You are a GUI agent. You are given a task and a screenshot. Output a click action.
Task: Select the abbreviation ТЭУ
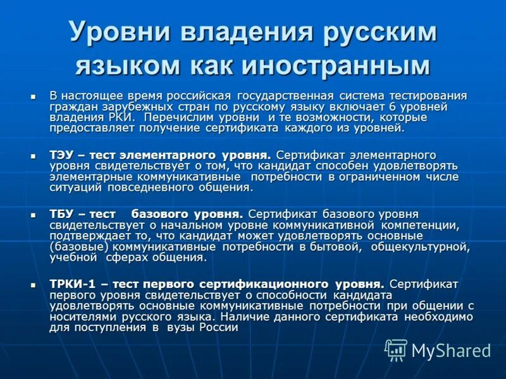[62, 155]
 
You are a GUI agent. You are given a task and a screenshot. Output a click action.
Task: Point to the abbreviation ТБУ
[62, 214]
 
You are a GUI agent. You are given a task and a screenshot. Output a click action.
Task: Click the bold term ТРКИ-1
[72, 284]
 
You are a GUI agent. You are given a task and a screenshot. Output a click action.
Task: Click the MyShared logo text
[451, 350]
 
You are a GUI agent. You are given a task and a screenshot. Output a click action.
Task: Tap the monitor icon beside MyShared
[397, 349]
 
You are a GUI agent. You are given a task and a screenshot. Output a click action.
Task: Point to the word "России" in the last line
[219, 327]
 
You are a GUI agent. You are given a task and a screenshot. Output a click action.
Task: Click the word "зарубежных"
[124, 107]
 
